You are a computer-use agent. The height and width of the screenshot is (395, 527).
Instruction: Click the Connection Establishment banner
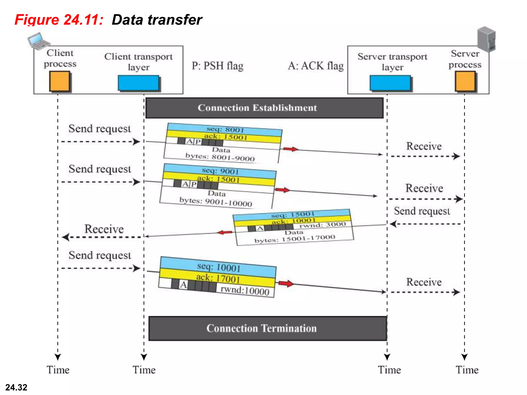[264, 108]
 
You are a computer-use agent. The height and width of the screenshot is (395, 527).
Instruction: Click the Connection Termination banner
[268, 328]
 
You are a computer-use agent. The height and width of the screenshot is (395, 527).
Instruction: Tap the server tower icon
[486, 39]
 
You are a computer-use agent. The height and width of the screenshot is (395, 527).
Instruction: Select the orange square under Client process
[59, 81]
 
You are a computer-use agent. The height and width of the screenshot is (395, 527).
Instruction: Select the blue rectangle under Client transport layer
[138, 83]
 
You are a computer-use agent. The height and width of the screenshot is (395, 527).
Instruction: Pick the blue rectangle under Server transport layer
[390, 83]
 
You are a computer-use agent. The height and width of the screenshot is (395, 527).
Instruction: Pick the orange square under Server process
[465, 81]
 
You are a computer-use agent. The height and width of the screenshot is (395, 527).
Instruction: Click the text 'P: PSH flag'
[217, 66]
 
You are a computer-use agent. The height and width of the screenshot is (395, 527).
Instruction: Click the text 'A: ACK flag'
[315, 66]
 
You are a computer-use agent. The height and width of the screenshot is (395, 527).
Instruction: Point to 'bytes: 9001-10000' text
[216, 202]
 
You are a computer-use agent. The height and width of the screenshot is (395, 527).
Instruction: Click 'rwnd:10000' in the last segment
[245, 290]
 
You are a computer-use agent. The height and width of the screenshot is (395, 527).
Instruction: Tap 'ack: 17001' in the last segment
[218, 278]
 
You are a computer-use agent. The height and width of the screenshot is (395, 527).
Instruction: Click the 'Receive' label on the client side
[104, 229]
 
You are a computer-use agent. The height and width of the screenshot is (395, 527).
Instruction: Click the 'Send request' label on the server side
[422, 211]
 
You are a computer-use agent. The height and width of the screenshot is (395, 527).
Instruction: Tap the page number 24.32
[16, 387]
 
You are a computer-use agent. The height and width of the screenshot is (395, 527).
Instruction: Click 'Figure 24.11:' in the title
[59, 20]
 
